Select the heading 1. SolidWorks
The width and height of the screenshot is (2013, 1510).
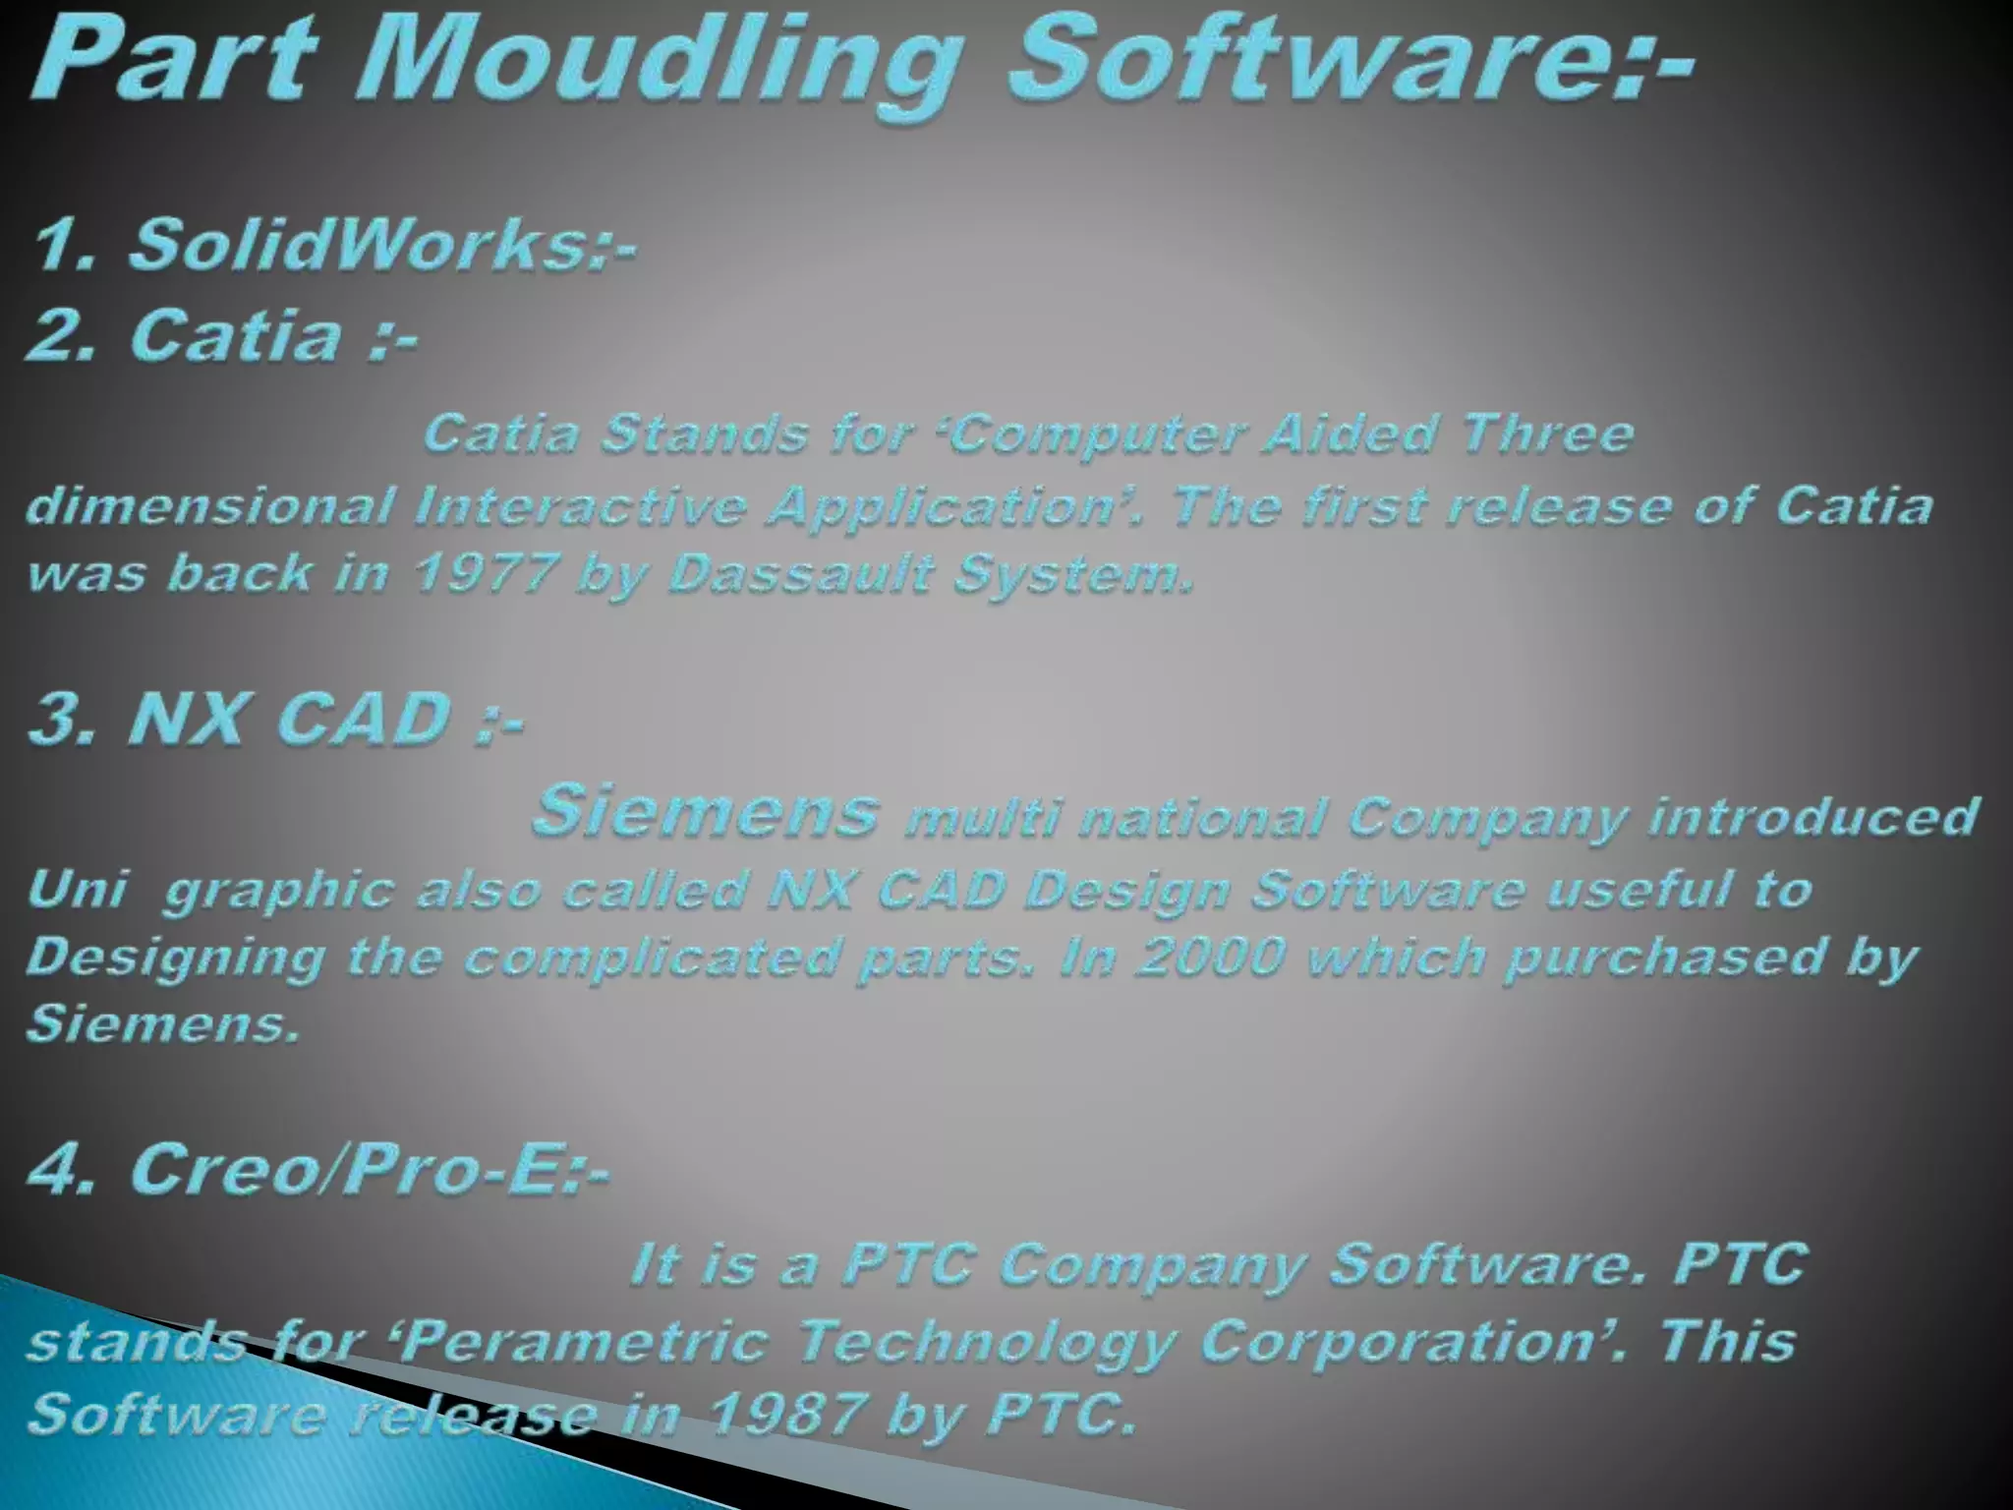point(334,245)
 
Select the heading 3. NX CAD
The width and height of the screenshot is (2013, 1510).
point(275,719)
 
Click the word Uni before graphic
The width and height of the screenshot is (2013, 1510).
point(78,891)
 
